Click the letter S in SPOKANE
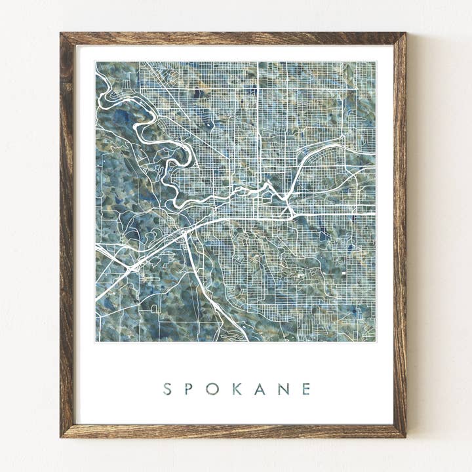pyautogui.click(x=167, y=389)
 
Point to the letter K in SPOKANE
pyautogui.click(x=237, y=389)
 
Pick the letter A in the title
pyautogui.click(x=260, y=389)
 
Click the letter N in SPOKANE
pyautogui.click(x=283, y=389)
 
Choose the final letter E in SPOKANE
pyautogui.click(x=306, y=389)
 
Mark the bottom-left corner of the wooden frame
pyautogui.click(x=62, y=435)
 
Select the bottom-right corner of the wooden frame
pyautogui.click(x=404, y=435)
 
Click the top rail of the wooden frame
pyautogui.click(x=233, y=39)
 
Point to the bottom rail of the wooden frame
pyautogui.click(x=233, y=431)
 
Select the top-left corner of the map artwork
pyautogui.click(x=96, y=62)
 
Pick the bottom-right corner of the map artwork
pyautogui.click(x=376, y=342)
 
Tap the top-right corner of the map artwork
pyautogui.click(x=376, y=62)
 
